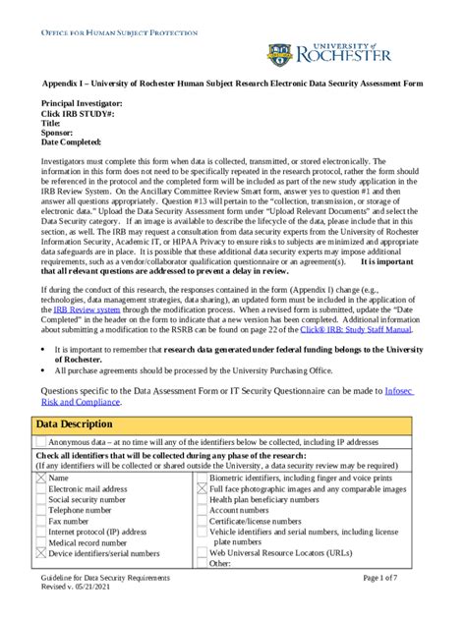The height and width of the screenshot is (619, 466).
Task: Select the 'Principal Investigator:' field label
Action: pos(82,103)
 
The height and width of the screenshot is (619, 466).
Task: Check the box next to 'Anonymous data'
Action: pos(41,441)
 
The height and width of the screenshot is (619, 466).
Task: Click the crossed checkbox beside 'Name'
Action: pos(41,477)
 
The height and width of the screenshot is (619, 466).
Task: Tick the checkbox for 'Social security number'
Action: pos(41,499)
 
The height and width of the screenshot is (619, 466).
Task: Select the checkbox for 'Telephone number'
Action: pos(41,511)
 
